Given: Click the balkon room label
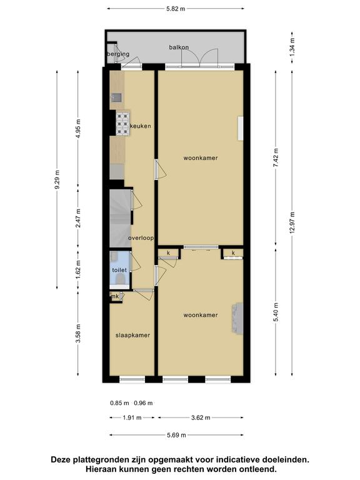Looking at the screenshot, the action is pos(179,47).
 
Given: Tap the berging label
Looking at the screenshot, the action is pos(118,54).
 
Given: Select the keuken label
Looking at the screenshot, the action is pos(141,126).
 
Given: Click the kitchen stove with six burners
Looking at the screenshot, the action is pos(122,124).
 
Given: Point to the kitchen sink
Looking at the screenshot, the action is pos(117,97).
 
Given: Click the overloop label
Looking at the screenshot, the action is pos(141,238).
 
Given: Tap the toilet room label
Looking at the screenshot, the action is pos(119,270).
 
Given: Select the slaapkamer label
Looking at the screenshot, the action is pos(133,335).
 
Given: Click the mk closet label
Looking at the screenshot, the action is pos(115,296).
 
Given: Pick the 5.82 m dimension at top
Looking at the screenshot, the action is pos(176,9).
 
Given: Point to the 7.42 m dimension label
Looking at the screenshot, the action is pos(276,157).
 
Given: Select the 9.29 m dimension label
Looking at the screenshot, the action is pos(57,179).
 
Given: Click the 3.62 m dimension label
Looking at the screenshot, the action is pos(201,417).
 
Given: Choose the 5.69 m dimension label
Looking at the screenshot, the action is pos(177,435).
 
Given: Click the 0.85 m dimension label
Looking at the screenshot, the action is pos(120,403).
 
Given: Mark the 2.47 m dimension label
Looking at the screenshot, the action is pos(78,218).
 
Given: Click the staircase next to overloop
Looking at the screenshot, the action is pos(121,218).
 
